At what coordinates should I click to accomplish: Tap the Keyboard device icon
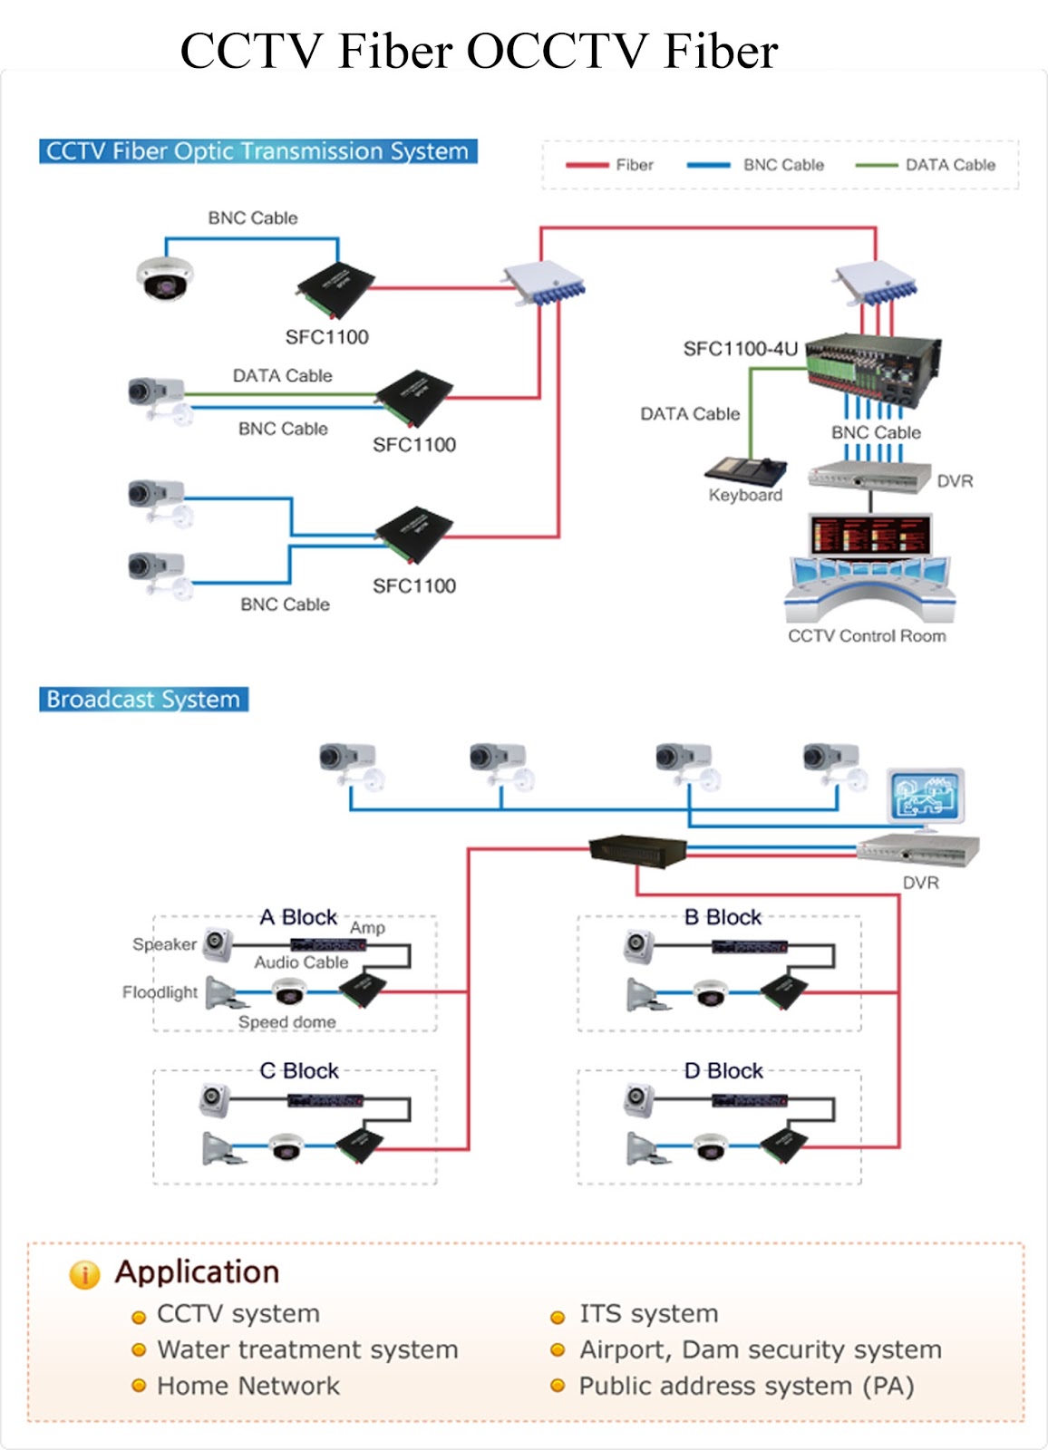click(745, 469)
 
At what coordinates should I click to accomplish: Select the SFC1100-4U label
click(740, 349)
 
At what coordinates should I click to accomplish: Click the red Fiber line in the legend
click(587, 165)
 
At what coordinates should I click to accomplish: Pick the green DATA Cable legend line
click(876, 165)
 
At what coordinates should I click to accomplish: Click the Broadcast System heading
click(143, 700)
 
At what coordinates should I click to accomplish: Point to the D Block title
click(723, 1071)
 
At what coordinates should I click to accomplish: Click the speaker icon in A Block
click(217, 942)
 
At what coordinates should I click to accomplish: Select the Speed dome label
click(286, 1022)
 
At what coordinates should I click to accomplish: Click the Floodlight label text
click(160, 992)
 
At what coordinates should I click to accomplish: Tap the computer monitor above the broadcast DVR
click(926, 797)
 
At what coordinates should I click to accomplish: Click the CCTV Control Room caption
click(867, 636)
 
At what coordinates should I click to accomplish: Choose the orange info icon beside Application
click(84, 1274)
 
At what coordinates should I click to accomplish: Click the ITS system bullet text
click(648, 1314)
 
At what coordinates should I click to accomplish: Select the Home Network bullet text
click(247, 1387)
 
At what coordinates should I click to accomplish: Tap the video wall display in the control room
click(870, 535)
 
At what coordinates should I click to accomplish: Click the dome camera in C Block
click(286, 1146)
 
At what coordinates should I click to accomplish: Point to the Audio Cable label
click(301, 962)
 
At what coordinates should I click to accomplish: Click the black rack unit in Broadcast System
click(637, 850)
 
